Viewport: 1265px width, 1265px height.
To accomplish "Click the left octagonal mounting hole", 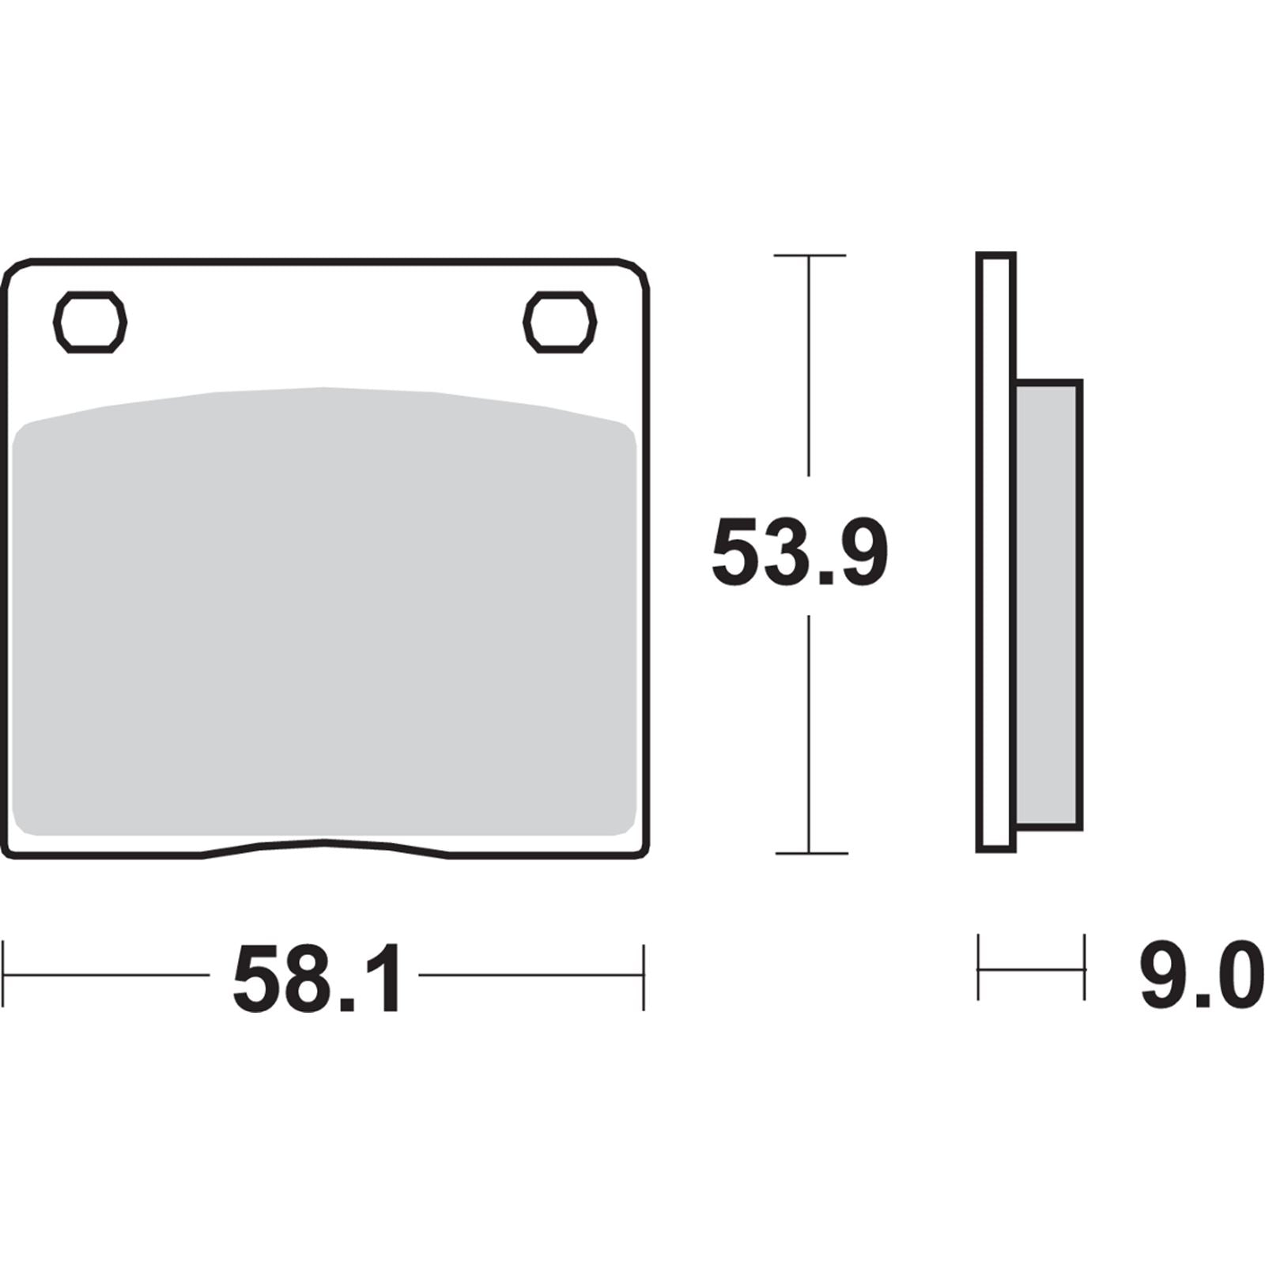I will pos(89,323).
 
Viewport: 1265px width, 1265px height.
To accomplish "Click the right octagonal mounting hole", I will pos(560,323).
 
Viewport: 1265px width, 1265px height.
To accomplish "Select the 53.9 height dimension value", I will pos(800,552).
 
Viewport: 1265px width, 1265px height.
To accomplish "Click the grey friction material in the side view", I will pos(1047,605).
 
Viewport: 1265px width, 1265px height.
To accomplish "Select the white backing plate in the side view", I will pos(995,553).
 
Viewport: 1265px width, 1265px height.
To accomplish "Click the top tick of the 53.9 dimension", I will pos(809,255).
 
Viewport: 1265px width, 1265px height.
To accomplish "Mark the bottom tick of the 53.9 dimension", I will pos(809,853).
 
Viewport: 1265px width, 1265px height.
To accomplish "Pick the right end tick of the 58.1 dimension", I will pos(644,976).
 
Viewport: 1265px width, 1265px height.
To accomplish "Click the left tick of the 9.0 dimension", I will pos(979,968).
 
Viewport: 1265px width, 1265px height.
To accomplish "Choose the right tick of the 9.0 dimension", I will pos(1084,968).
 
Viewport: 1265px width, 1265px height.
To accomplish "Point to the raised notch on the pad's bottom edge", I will pos(324,843).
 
